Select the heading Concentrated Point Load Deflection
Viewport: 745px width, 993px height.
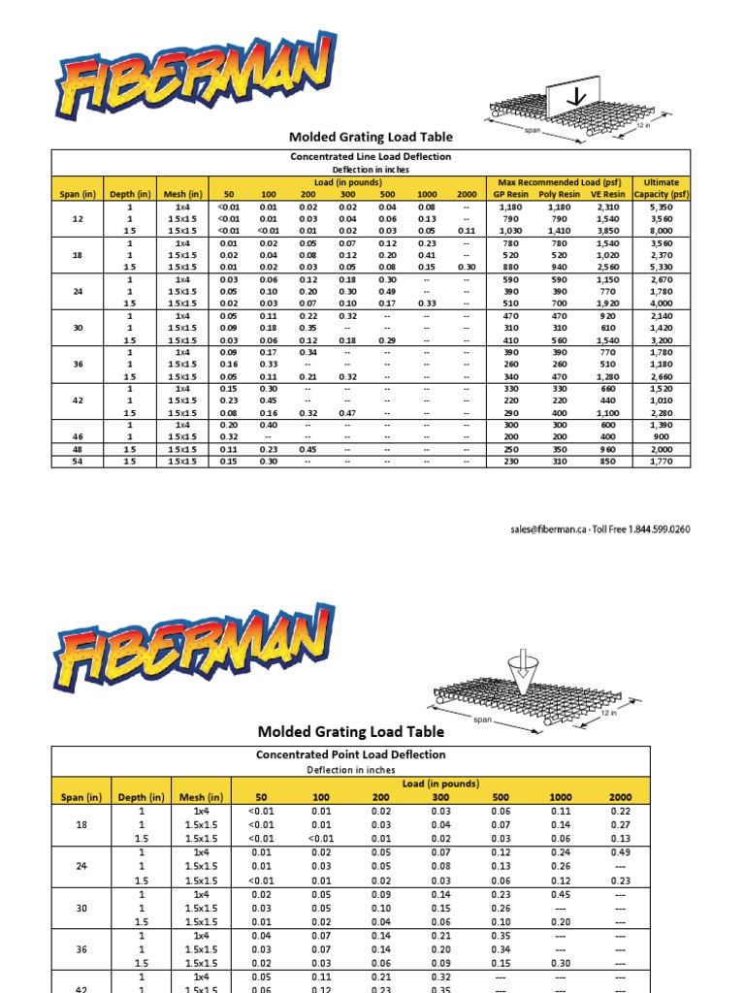(x=351, y=753)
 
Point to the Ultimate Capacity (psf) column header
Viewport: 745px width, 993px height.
(x=661, y=187)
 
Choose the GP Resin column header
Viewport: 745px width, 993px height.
(x=508, y=194)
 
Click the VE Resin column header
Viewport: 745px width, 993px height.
(x=608, y=194)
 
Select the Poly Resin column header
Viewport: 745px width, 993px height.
(x=559, y=194)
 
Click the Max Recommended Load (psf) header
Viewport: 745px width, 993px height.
(x=558, y=181)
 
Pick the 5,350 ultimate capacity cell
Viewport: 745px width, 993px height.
(x=661, y=207)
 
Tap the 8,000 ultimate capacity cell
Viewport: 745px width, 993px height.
(x=661, y=231)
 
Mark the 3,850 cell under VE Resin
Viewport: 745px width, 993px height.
(x=609, y=231)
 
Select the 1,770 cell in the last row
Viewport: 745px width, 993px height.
(x=661, y=462)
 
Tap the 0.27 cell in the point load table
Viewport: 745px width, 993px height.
(x=619, y=825)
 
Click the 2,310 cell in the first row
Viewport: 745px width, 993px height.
(x=609, y=207)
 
